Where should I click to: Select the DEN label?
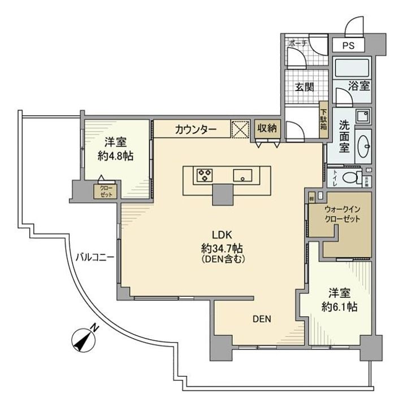tap(262, 319)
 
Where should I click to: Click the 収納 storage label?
tap(267, 128)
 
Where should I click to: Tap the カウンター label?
tap(196, 129)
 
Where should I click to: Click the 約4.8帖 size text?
tap(115, 156)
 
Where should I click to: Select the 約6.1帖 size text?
tap(340, 308)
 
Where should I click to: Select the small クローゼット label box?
tap(106, 190)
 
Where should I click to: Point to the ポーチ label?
tap(296, 43)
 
